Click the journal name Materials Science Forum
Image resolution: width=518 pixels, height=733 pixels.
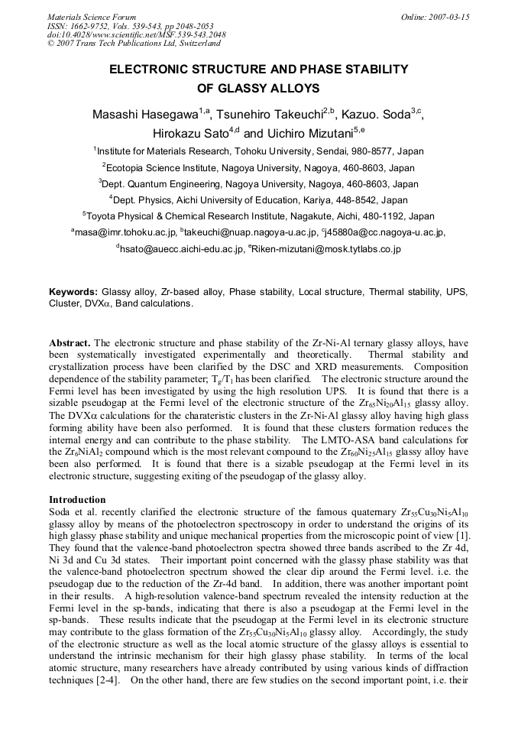click(x=92, y=17)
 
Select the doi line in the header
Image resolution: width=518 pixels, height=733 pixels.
click(x=136, y=35)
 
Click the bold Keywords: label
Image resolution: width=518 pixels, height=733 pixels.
click(x=73, y=293)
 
